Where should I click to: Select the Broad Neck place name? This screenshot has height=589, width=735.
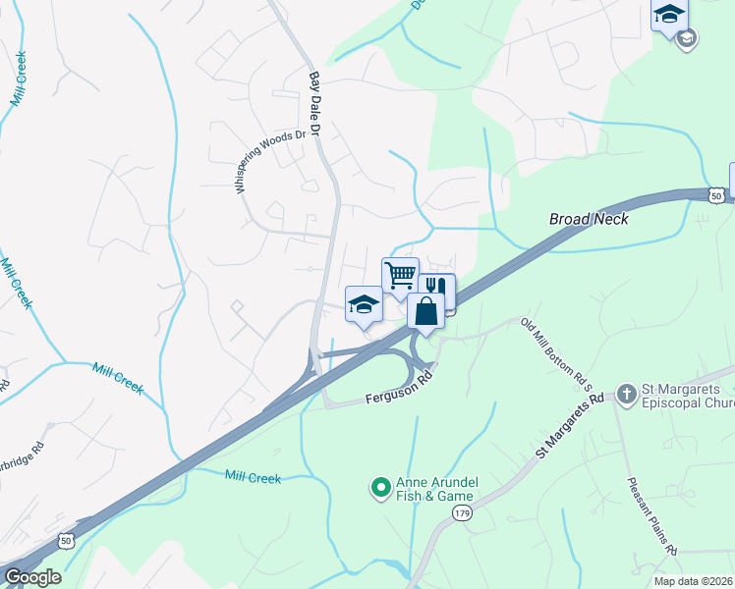(589, 219)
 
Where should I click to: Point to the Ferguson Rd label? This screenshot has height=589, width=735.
(398, 389)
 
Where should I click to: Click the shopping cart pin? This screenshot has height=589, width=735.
(400, 275)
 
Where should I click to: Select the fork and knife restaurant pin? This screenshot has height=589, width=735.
(436, 290)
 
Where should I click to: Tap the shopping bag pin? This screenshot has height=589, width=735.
(426, 311)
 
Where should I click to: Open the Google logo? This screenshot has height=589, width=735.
(32, 577)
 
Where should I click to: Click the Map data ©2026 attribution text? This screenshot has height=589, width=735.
(694, 581)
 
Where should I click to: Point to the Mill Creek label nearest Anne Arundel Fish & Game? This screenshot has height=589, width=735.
(253, 478)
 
